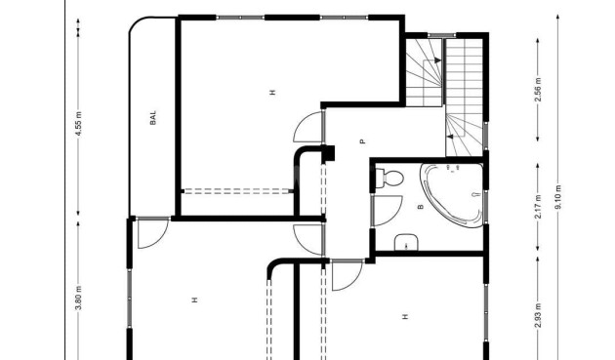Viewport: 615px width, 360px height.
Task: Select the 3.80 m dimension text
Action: click(78, 295)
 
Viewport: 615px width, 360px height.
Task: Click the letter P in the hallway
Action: click(361, 141)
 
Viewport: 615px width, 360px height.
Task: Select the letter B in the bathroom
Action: click(420, 207)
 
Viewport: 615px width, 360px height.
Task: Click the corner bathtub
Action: click(452, 193)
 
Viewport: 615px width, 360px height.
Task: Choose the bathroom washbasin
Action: click(406, 243)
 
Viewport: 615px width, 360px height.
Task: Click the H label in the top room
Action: click(272, 93)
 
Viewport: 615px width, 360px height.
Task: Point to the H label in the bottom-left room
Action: click(194, 300)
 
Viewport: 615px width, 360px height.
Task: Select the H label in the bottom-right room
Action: click(403, 315)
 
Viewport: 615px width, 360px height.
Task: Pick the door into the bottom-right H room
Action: click(345, 276)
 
